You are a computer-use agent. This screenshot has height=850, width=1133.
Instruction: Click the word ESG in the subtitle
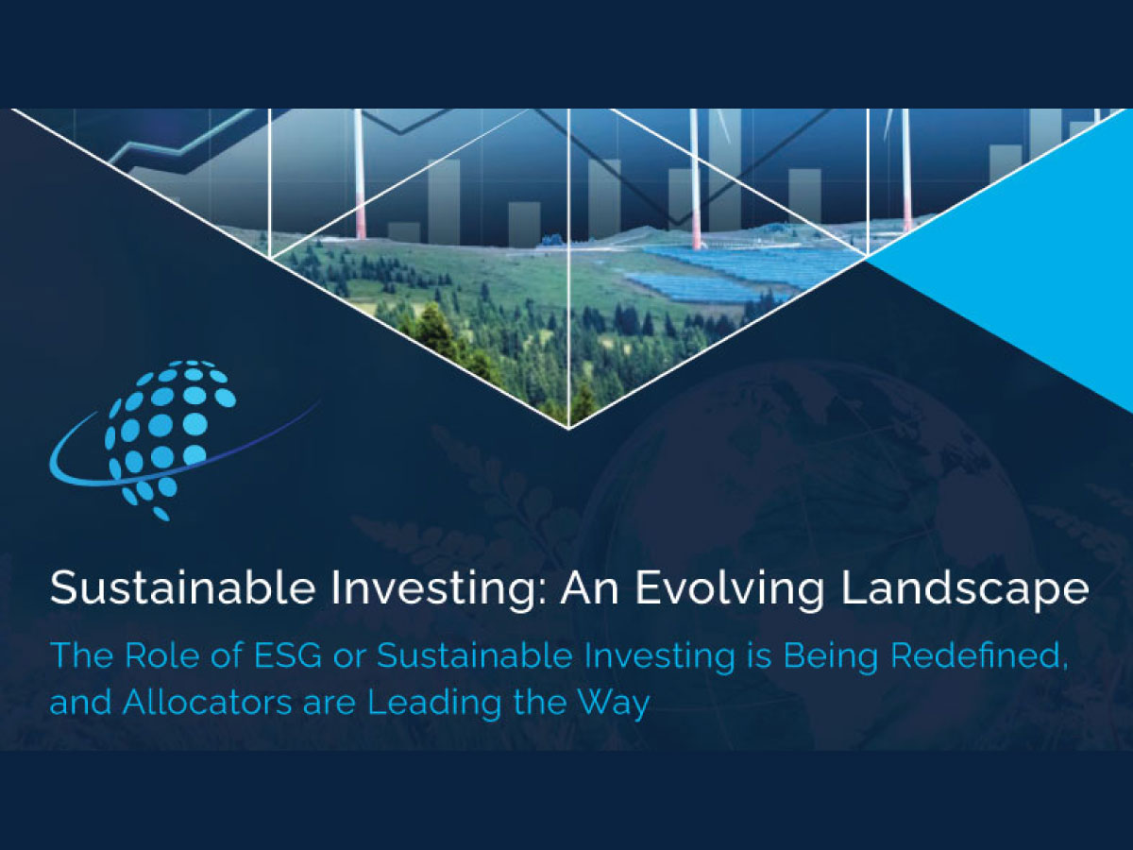pos(288,655)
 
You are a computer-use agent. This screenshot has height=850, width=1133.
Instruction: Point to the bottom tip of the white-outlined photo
pos(568,429)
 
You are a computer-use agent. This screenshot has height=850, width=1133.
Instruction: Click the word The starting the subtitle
pos(81,655)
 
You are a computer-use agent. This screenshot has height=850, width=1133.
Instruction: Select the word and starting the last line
pos(80,702)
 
